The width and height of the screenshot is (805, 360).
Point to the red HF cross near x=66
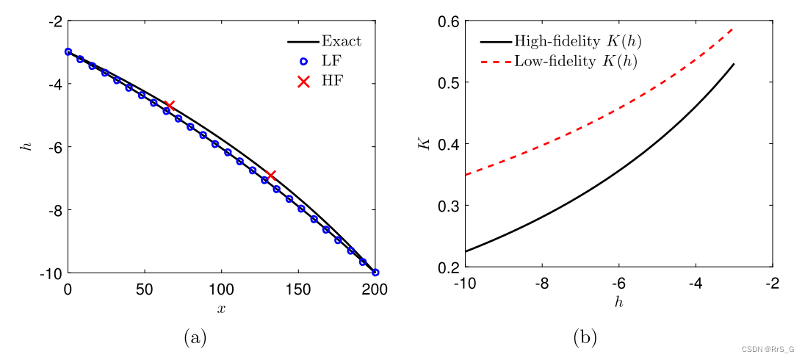pos(170,106)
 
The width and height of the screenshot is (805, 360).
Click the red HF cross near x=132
pos(271,175)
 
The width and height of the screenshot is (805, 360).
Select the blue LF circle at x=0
pos(68,51)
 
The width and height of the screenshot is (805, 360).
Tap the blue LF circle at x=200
pos(375,272)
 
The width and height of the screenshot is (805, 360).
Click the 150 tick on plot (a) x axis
pos(299,289)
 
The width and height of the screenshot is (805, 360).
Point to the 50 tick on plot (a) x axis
pos(145,289)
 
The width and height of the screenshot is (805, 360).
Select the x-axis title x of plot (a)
pos(221,309)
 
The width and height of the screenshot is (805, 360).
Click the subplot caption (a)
pos(194,337)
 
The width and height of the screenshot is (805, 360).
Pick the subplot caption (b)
pos(584,337)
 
